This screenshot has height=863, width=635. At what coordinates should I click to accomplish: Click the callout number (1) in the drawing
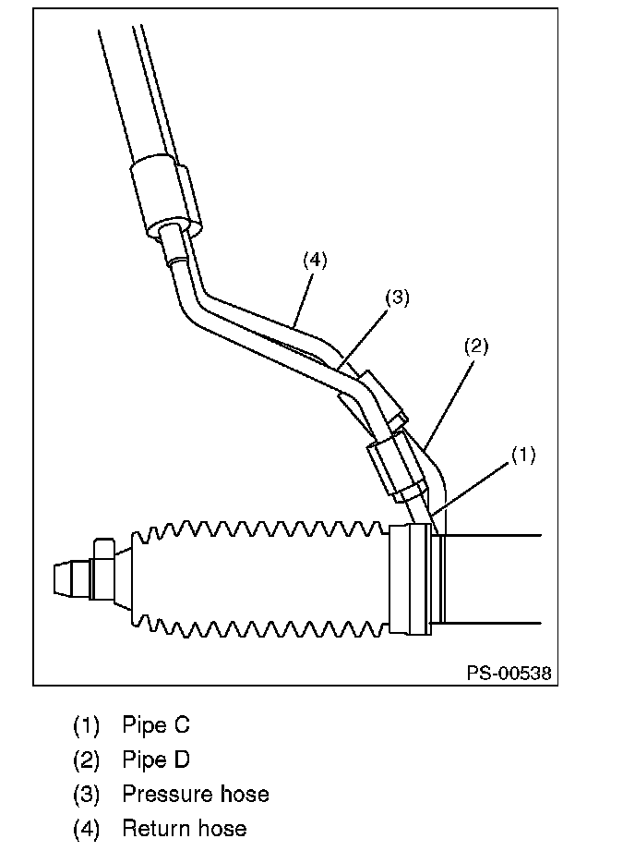522,456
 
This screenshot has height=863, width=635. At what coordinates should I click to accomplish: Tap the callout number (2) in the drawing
476,346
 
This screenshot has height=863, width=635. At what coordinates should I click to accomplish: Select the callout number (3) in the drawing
397,298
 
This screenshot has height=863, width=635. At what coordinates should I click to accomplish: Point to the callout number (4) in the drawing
315,260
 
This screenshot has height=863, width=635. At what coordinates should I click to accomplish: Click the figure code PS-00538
509,673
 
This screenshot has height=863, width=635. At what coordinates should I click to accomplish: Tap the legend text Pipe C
156,724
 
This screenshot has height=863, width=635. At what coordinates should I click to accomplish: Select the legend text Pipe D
156,760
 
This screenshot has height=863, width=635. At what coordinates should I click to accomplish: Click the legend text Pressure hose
196,795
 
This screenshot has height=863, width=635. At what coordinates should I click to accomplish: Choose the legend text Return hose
185,829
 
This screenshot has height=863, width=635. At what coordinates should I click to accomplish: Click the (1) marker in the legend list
87,724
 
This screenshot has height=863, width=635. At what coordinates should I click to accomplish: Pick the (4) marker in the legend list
87,830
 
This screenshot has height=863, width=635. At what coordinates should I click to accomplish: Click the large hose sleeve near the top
166,195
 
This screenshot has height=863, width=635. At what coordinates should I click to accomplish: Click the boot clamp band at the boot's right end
410,579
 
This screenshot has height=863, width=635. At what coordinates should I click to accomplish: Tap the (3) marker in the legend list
87,795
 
